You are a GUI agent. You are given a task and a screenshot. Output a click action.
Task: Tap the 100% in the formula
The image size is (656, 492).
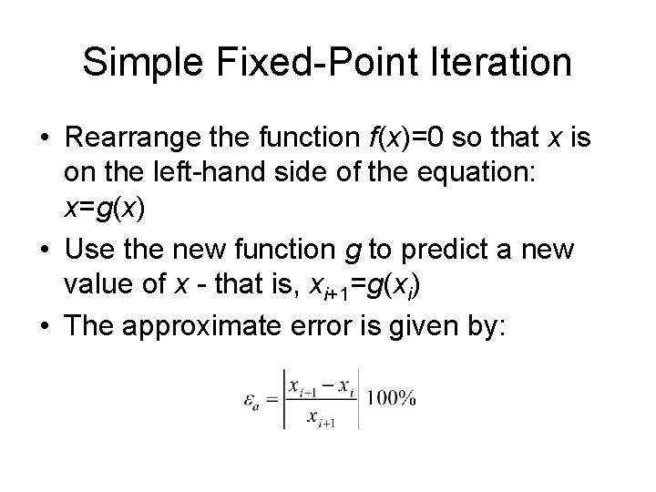[x=393, y=398]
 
